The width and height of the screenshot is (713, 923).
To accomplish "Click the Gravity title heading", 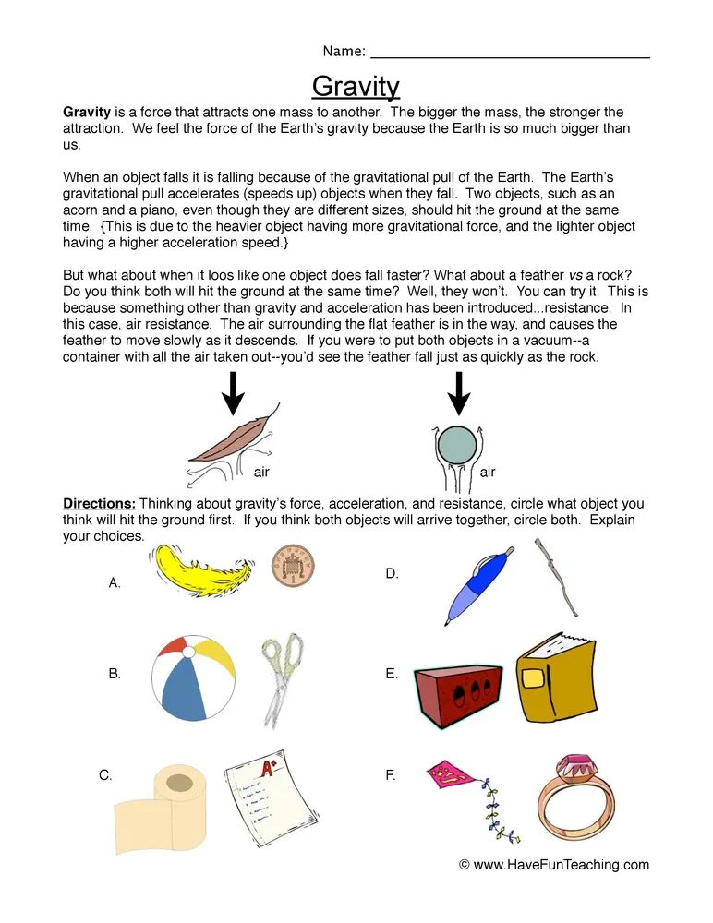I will [356, 86].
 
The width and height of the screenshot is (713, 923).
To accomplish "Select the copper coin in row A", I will [292, 565].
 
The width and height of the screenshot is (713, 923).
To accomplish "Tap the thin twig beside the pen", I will [557, 578].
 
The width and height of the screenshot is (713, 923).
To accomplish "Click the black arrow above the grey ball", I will [458, 392].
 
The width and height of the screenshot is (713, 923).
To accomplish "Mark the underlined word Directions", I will [99, 504].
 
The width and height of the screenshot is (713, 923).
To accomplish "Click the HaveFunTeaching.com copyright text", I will [554, 865].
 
